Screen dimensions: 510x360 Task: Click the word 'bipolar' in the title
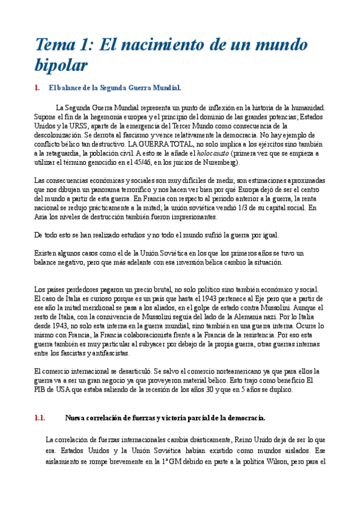click(62, 64)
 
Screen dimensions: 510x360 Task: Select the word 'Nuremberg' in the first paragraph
click(220, 162)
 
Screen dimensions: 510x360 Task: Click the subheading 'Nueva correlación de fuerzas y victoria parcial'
click(165, 417)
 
